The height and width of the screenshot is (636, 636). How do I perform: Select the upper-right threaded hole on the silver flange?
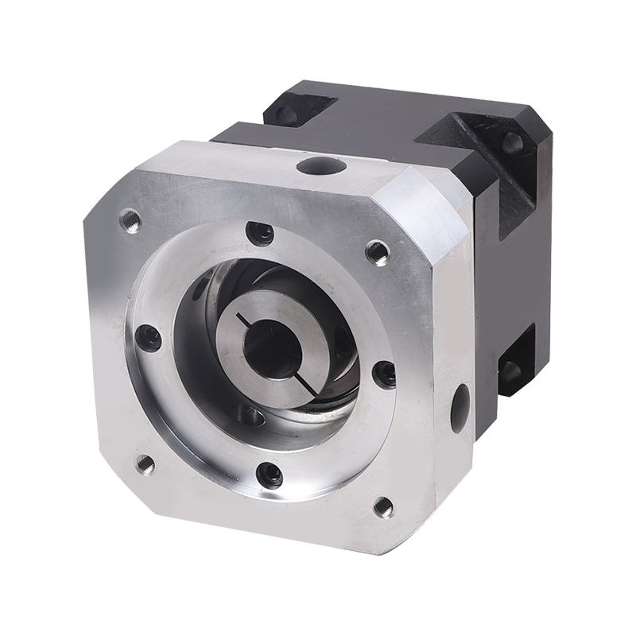point(377,252)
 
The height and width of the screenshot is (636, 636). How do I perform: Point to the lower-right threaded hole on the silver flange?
point(382,505)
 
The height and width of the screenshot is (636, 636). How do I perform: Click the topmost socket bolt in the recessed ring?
point(259,233)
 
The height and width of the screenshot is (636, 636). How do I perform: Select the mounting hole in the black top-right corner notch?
point(511,145)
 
